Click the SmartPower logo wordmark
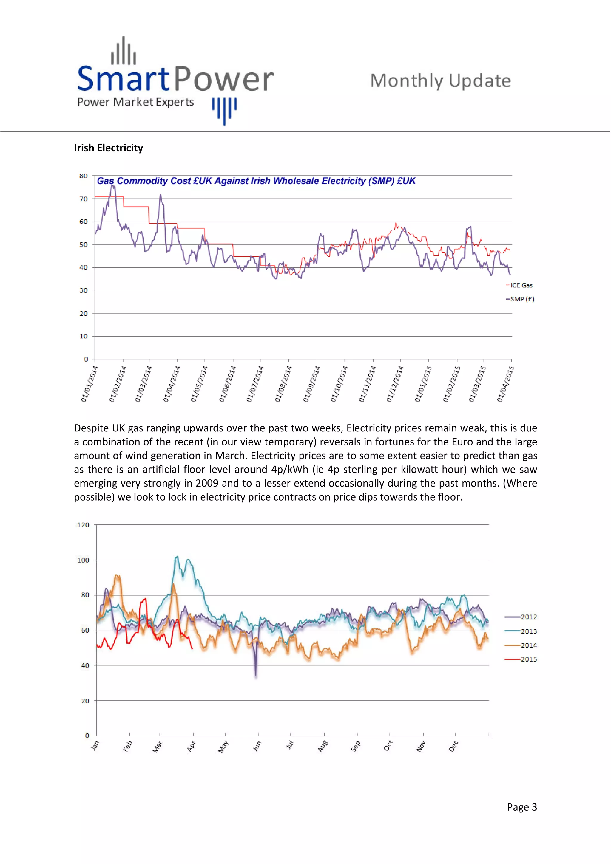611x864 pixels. (x=175, y=79)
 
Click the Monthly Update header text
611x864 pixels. (x=440, y=80)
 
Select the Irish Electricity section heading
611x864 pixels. (x=108, y=148)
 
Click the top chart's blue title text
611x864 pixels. (x=256, y=181)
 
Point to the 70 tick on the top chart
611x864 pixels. (x=83, y=199)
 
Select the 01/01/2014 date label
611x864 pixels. (x=89, y=383)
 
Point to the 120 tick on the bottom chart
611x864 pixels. (x=83, y=525)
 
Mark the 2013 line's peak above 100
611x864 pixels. (x=177, y=557)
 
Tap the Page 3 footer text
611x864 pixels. (x=522, y=807)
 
